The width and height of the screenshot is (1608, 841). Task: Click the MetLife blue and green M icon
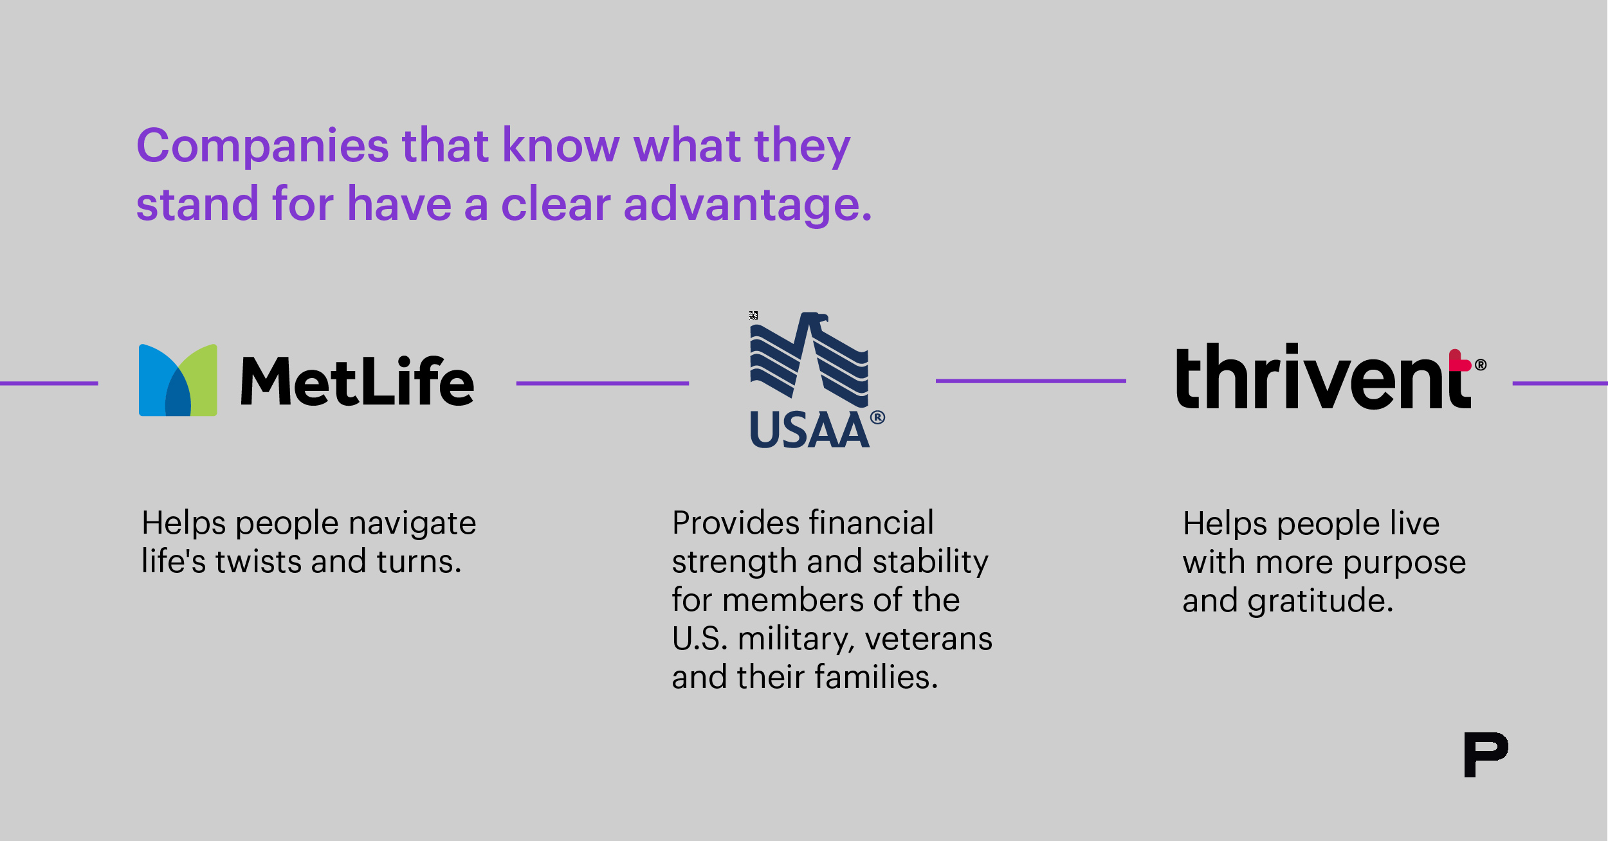[178, 380]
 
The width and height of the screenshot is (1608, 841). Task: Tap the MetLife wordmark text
[358, 381]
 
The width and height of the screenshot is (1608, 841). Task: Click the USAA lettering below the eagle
[810, 430]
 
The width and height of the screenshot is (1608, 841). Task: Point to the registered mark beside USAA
[878, 418]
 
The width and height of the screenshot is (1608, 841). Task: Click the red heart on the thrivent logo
[1459, 361]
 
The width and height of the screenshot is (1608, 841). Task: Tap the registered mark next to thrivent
[1481, 365]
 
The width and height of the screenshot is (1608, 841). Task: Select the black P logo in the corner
[1486, 754]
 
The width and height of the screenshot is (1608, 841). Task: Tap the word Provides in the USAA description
[736, 523]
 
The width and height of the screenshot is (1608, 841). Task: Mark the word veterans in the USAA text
[929, 639]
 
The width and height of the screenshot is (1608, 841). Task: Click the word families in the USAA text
[877, 677]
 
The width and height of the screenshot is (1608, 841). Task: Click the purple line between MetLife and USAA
[603, 383]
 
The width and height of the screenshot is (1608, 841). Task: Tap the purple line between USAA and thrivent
[1031, 381]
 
